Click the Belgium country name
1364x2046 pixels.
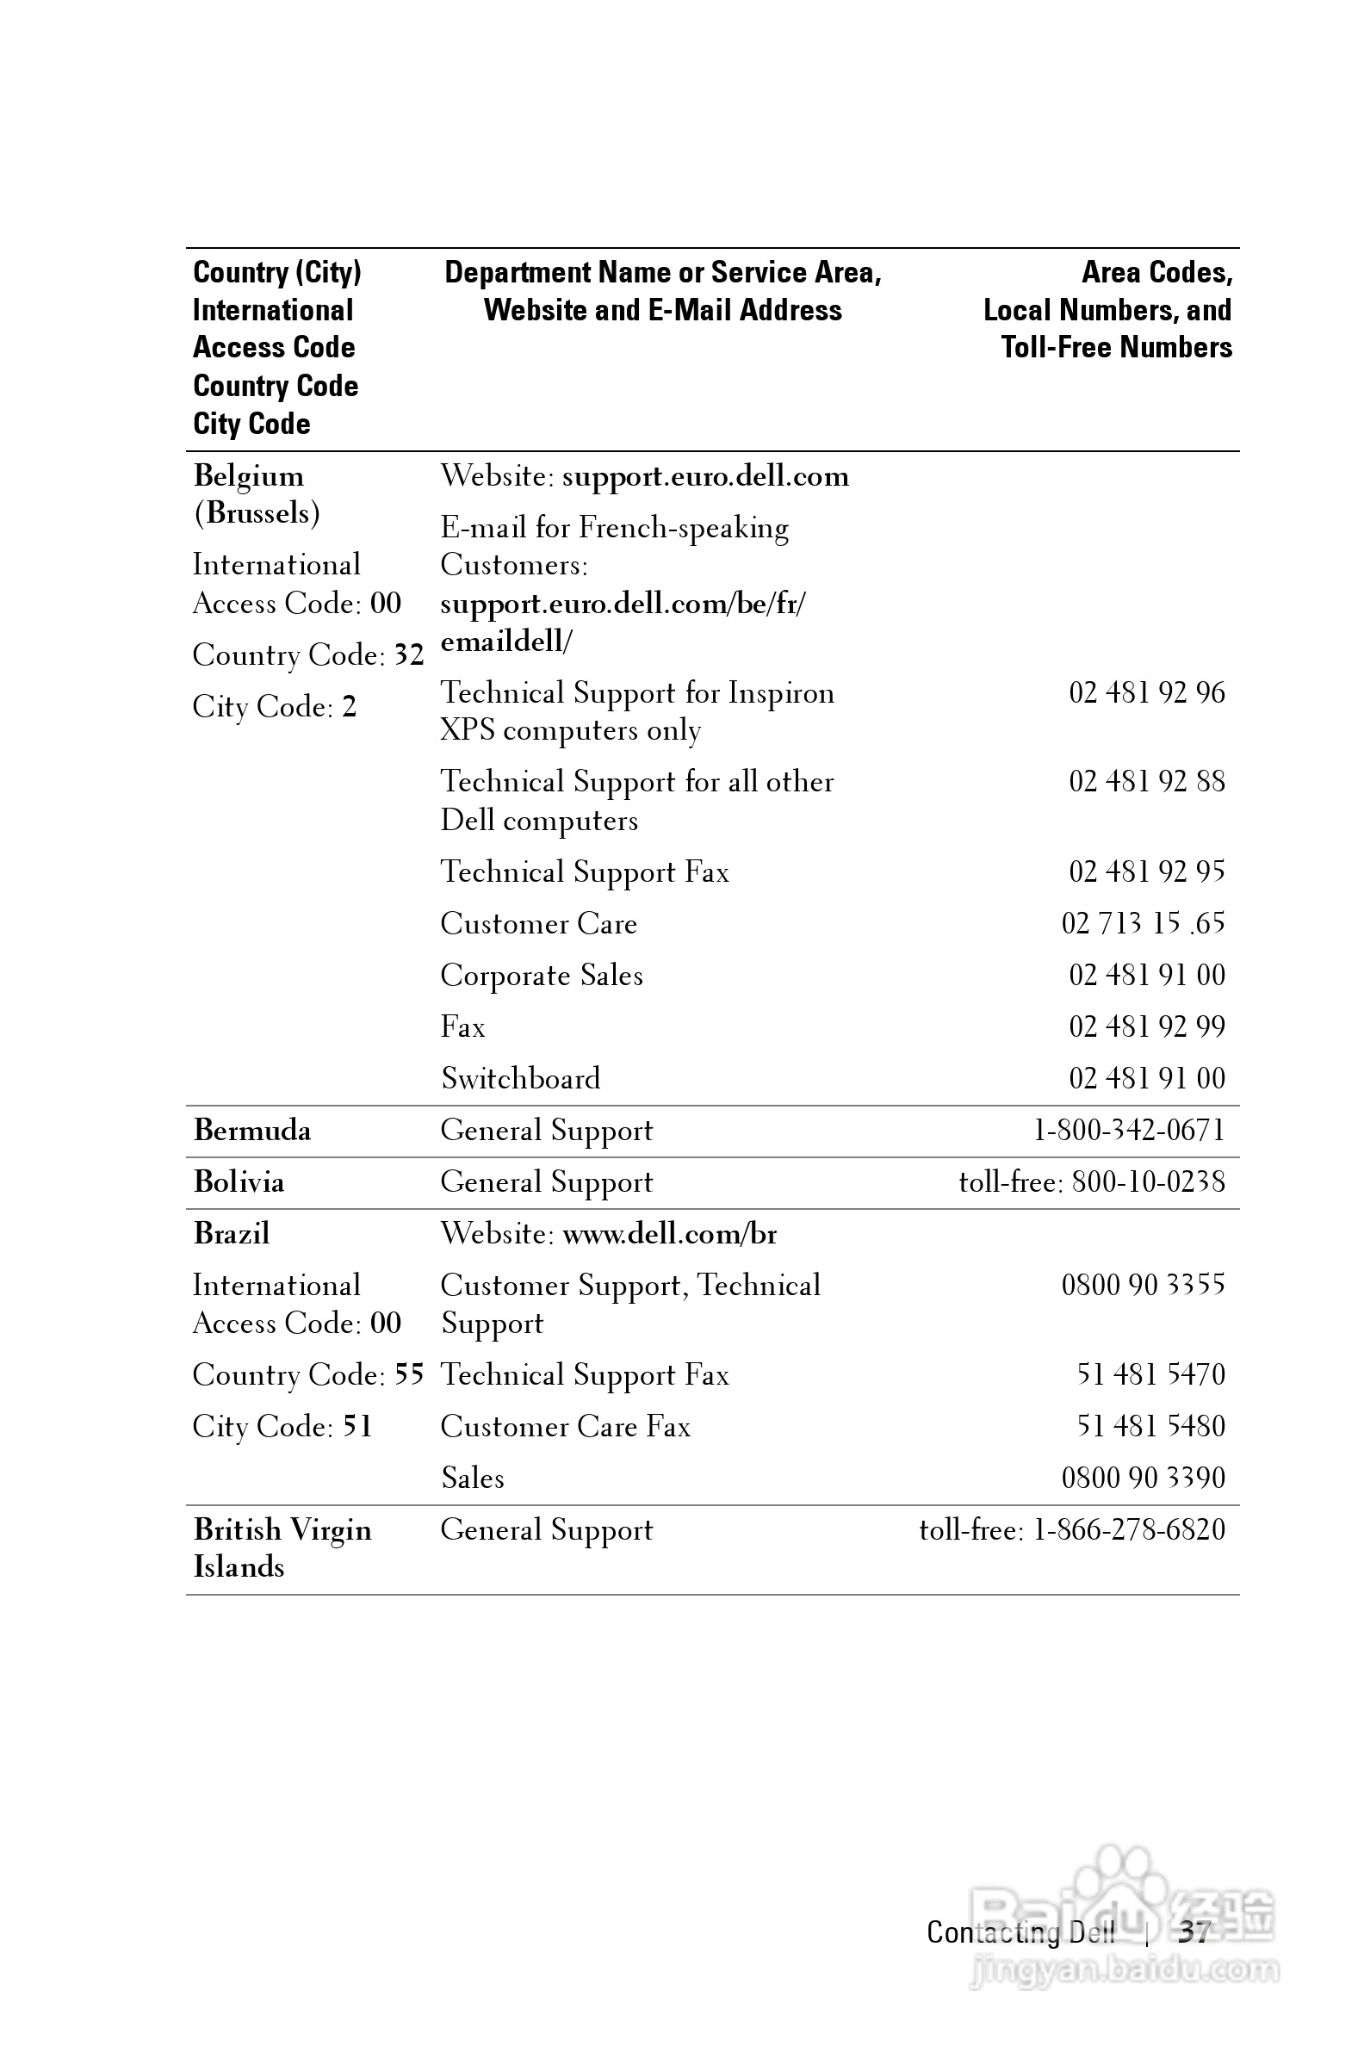(249, 476)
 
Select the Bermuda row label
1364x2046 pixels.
(252, 1130)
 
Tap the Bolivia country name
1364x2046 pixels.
(239, 1181)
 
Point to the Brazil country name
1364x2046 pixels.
(232, 1233)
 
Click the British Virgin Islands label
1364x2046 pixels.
(282, 1547)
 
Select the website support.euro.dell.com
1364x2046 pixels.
(705, 476)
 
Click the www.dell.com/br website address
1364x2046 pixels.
(670, 1233)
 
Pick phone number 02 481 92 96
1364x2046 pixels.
(1146, 692)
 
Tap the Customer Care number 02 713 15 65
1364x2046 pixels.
(1143, 923)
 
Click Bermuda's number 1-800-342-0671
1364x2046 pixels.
(1129, 1130)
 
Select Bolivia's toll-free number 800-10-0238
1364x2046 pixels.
(1148, 1181)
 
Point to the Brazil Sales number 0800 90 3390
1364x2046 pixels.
(1143, 1477)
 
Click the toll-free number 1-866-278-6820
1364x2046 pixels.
(1129, 1529)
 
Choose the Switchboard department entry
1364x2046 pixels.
(520, 1079)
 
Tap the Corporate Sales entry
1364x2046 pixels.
(541, 975)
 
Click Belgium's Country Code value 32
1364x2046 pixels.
(409, 654)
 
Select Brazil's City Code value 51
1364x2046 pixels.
(357, 1426)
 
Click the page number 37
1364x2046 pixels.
(1193, 1932)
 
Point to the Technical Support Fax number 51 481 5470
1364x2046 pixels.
(1150, 1374)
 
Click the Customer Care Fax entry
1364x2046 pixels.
(566, 1426)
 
